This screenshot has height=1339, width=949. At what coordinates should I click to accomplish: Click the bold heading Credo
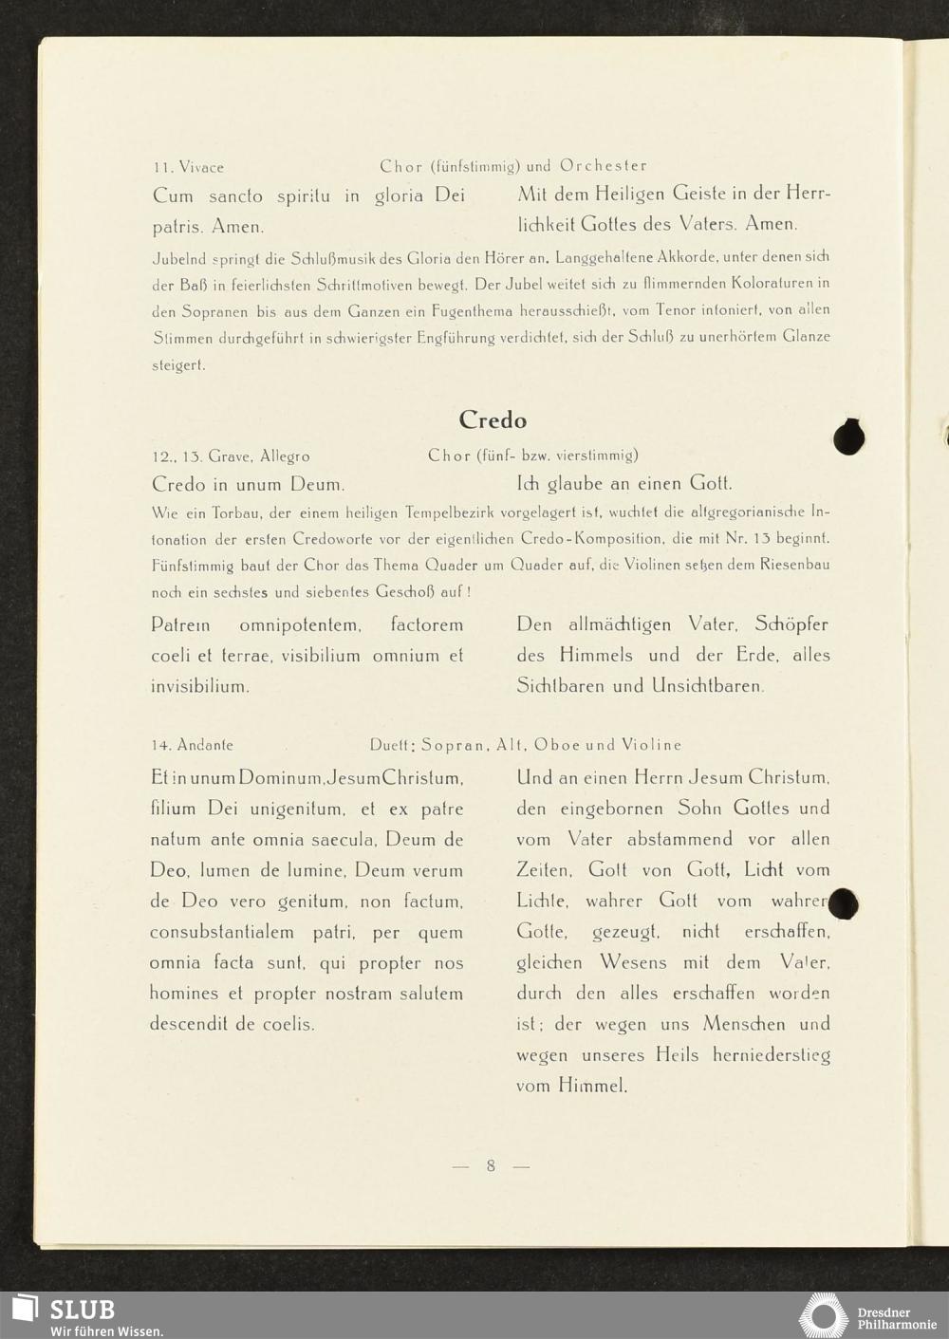493,420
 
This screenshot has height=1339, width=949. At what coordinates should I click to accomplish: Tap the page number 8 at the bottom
491,1165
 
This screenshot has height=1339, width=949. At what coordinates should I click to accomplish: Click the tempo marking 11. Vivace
189,167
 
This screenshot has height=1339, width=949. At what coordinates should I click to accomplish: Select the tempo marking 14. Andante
192,745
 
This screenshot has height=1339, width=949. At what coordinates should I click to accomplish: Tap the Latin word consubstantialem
222,933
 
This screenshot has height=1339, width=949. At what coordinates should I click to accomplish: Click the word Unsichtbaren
707,686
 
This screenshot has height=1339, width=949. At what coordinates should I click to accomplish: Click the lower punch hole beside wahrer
844,903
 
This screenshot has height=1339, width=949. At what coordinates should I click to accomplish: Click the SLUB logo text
82,1309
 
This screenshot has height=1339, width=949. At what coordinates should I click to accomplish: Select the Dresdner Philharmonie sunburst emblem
823,1314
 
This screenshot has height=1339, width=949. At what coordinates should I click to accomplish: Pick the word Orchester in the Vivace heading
603,166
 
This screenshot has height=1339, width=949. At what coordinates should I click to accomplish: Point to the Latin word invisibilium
198,686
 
